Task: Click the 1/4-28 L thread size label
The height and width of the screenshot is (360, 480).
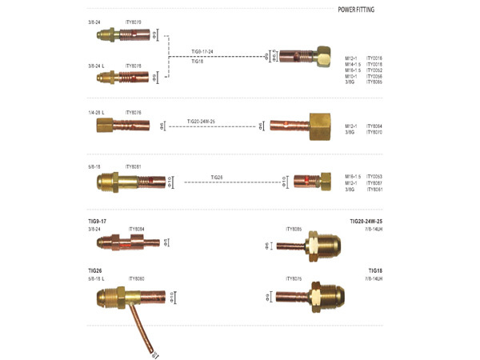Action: [x=98, y=113]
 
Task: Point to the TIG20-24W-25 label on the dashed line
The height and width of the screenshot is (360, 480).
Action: [x=201, y=121]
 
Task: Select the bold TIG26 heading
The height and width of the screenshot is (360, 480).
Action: [x=94, y=270]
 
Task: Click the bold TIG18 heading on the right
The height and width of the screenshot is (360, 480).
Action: [x=375, y=270]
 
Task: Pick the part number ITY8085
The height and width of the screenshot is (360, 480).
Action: [x=294, y=229]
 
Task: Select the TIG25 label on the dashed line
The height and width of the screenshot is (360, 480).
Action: [x=217, y=176]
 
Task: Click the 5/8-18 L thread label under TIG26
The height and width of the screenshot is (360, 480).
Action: [x=99, y=278]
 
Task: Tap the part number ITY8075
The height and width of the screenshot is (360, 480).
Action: [x=294, y=278]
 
